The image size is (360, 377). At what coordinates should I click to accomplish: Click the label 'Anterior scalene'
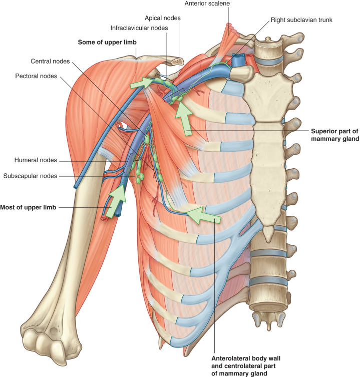tap(207, 4)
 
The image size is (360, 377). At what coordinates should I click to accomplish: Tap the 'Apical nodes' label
tap(163, 18)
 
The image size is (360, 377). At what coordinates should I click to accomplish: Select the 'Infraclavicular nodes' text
tap(139, 28)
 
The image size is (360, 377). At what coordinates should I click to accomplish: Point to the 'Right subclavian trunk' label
tap(301, 20)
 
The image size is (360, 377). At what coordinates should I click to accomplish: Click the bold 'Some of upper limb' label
tap(107, 43)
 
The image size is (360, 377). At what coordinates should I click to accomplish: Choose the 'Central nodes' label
tap(50, 61)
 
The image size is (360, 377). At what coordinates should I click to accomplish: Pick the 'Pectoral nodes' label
tap(36, 76)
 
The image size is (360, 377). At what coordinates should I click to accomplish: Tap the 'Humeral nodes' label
tap(36, 160)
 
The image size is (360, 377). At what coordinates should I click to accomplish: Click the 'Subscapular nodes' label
tap(30, 176)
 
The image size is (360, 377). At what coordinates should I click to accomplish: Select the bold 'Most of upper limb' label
tap(28, 207)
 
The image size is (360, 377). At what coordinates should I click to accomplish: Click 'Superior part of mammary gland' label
tap(335, 135)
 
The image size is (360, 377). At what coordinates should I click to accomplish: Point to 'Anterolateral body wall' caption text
tap(246, 358)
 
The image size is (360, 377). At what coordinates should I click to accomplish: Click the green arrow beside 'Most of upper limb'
tap(116, 201)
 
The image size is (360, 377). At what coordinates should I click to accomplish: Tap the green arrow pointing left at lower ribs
tap(203, 215)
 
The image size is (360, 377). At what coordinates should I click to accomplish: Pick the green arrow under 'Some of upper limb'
tap(141, 83)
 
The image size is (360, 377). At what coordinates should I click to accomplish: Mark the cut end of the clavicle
tap(177, 62)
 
